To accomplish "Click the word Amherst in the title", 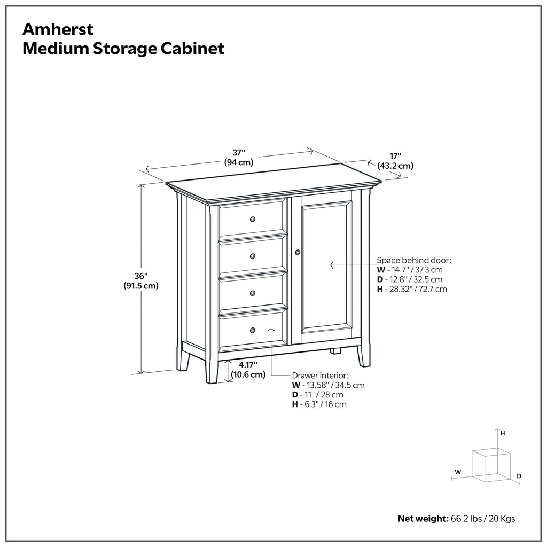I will [x=51, y=28].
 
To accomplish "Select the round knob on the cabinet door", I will [x=298, y=252].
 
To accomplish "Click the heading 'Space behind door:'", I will [x=414, y=260].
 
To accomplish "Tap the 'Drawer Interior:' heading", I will [x=319, y=376].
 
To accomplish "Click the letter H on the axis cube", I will [x=503, y=434].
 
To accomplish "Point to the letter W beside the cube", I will [x=458, y=472].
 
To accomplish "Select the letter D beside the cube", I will [x=519, y=475].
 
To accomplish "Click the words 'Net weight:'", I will [x=421, y=519].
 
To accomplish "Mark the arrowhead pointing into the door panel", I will [x=332, y=265].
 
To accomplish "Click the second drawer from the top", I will [x=252, y=256].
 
